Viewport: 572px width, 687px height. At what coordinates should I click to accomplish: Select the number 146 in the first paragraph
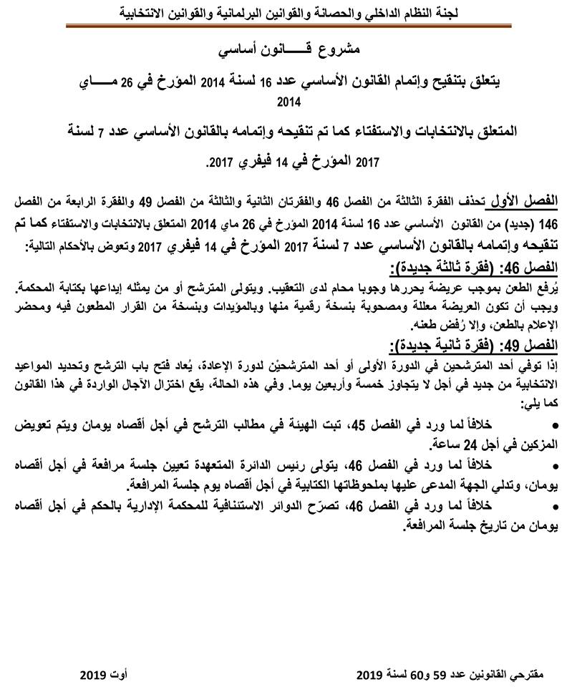point(552,219)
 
